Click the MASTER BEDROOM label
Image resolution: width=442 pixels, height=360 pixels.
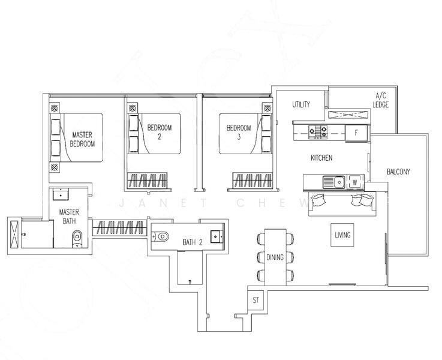point(82,139)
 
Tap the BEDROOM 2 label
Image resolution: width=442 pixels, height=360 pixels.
point(160,132)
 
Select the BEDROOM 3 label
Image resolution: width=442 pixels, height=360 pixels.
point(239,132)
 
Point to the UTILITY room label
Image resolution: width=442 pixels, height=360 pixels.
point(301,104)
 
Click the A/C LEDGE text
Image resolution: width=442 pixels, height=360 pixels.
point(381,100)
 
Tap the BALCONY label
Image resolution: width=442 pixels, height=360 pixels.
point(398,172)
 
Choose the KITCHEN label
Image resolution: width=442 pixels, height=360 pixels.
point(321,158)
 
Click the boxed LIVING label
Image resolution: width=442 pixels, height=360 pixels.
point(342,235)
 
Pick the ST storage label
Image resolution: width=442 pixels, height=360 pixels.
point(255,301)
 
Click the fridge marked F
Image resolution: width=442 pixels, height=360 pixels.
point(357,133)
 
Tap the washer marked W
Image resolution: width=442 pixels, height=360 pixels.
point(355,182)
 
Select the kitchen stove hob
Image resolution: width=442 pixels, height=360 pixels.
point(318,132)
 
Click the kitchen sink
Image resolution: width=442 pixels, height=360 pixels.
point(334,182)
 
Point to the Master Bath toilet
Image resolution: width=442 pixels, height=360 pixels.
point(77,239)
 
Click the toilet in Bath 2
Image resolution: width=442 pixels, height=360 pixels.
point(160,236)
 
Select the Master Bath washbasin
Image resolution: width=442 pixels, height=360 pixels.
point(60,194)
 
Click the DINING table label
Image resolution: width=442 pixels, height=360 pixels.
point(275,257)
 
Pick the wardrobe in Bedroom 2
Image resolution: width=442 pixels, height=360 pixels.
point(147,181)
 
